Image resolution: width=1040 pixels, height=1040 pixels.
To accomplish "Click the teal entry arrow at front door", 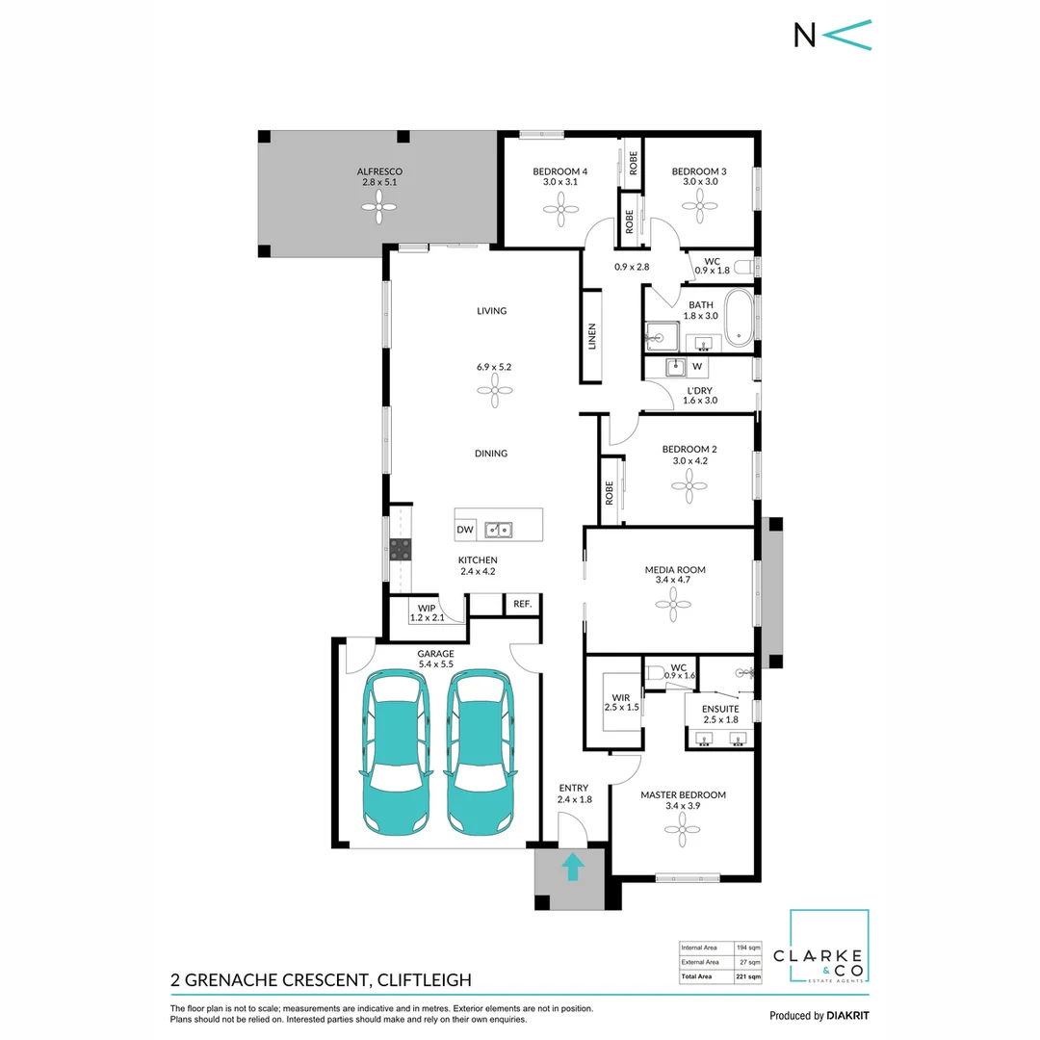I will pos(572,867).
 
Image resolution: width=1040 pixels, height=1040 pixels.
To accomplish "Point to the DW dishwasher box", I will pos(466,529).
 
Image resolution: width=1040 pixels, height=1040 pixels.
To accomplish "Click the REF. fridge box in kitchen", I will pos(522,604).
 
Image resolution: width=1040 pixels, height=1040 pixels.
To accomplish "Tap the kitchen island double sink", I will pos(499,529).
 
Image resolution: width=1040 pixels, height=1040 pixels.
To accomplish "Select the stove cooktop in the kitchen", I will pos(401,550).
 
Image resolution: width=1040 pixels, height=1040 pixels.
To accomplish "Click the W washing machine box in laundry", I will pos(698,367).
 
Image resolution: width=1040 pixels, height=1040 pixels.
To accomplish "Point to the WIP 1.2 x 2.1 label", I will pos(425,613).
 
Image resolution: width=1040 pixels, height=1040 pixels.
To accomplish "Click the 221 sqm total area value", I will pos(747,976).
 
